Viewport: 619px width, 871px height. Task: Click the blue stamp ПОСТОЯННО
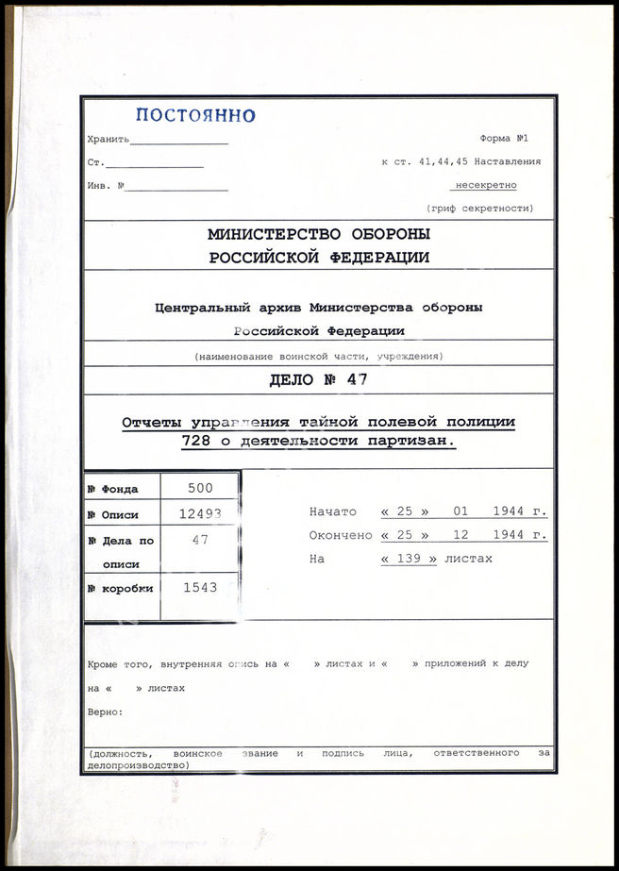pos(195,115)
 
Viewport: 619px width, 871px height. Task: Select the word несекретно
pos(486,186)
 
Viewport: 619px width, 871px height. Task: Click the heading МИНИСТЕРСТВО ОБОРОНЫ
pos(319,234)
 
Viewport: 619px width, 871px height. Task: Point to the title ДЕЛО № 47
pos(319,380)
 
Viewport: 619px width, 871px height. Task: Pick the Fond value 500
pos(200,488)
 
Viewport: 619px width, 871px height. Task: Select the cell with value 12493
pos(200,514)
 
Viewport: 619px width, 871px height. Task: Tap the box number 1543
pos(200,587)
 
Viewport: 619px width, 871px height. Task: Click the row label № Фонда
pos(113,489)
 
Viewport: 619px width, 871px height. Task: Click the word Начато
pos(332,511)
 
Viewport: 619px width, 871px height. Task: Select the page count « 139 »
pos(409,559)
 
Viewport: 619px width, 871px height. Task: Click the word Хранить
pos(108,140)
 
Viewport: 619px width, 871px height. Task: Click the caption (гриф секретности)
pos(479,208)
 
